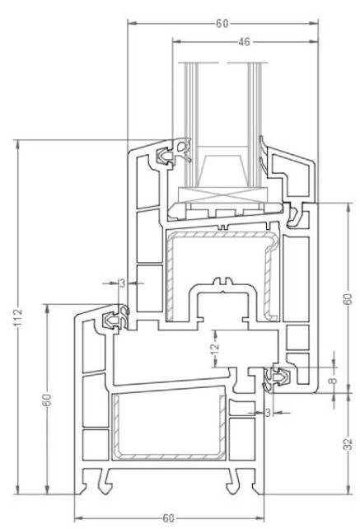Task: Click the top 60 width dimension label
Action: [x=222, y=24]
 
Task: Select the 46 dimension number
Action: [x=245, y=42]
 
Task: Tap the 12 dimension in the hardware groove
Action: [x=215, y=349]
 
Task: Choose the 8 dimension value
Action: [x=333, y=381]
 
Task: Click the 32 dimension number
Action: [x=348, y=444]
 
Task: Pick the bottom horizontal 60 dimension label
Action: [x=168, y=517]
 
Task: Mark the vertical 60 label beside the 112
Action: [x=47, y=400]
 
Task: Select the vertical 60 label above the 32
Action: [x=348, y=299]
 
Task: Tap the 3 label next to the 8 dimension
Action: [x=268, y=412]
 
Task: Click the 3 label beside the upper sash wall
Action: [x=122, y=283]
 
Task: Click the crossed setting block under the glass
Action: [x=223, y=195]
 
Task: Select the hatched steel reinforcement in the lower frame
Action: [x=168, y=427]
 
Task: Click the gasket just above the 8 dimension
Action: [x=278, y=378]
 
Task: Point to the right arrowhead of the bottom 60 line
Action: [x=260, y=517]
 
